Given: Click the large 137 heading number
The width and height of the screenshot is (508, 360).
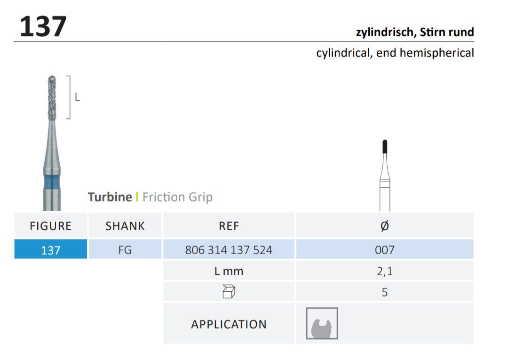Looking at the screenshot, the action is click(x=43, y=26).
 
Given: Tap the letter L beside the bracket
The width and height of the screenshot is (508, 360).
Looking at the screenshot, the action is click(x=77, y=97).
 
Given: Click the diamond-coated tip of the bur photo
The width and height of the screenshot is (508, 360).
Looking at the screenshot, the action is click(x=52, y=98).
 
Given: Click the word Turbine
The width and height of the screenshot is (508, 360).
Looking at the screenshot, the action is click(x=110, y=197).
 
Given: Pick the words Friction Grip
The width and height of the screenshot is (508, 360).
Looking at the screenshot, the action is click(x=177, y=197).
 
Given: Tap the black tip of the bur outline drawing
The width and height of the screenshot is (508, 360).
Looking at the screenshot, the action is click(x=385, y=146).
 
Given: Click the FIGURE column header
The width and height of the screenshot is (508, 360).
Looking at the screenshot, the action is click(x=50, y=226).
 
